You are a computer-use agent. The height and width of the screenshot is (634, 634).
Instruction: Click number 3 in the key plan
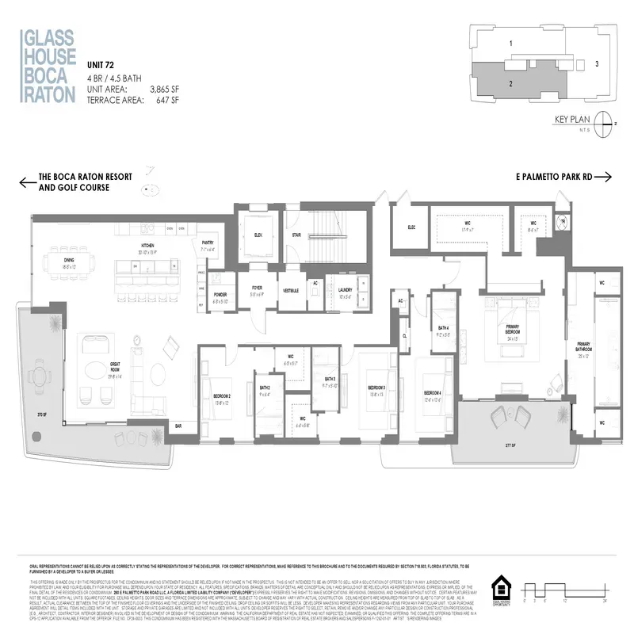tap(598, 63)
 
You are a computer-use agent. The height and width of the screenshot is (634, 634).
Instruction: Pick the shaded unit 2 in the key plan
tap(511, 82)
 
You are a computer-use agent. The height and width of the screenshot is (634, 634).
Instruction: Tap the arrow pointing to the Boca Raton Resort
tap(28, 183)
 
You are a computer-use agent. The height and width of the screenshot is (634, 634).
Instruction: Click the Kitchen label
tap(147, 246)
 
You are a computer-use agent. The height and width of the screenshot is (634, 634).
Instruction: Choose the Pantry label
tap(208, 244)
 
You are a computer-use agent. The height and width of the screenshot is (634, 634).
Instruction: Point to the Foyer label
tap(257, 289)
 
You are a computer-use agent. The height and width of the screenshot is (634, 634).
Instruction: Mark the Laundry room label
tap(345, 289)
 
